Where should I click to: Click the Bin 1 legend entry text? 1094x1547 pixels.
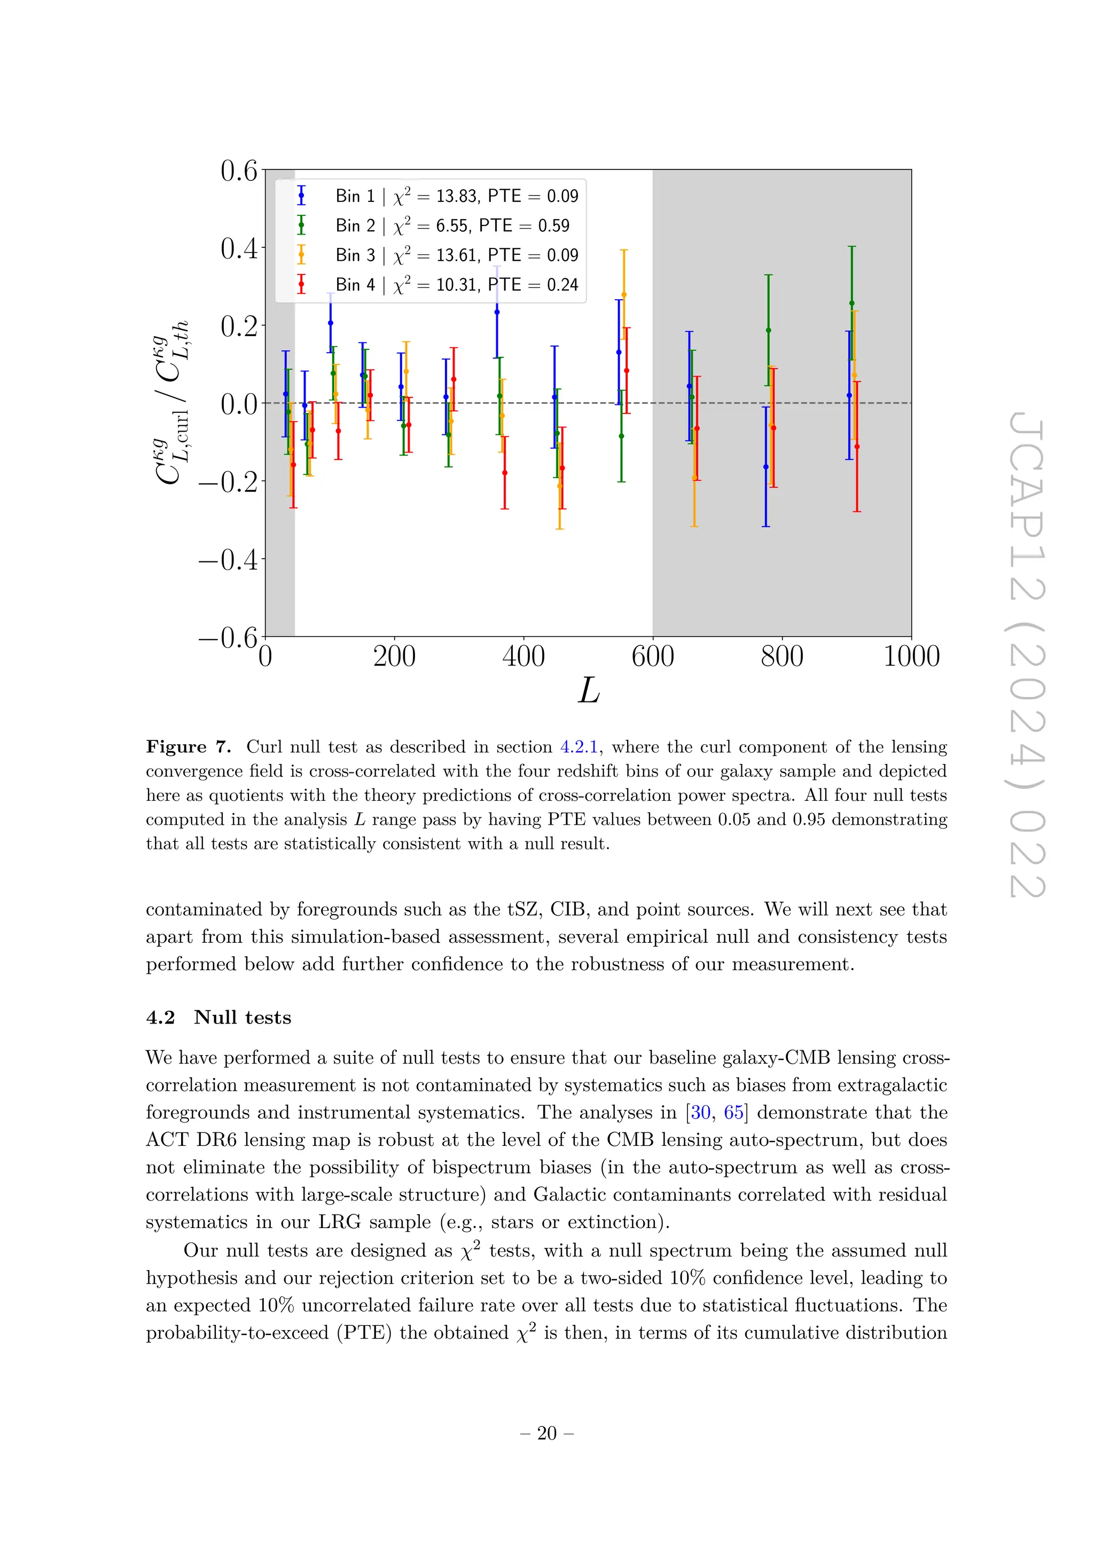click(457, 196)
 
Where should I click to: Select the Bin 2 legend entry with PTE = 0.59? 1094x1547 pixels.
click(452, 226)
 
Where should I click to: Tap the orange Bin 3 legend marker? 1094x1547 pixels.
click(301, 255)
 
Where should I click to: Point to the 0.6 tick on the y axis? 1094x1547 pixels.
click(239, 170)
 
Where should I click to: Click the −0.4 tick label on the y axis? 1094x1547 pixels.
click(229, 559)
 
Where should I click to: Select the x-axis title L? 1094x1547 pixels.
click(588, 691)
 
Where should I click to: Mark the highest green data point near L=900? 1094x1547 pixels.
click(851, 304)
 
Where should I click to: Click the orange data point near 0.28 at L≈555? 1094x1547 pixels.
click(624, 294)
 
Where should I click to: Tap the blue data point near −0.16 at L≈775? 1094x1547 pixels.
click(765, 467)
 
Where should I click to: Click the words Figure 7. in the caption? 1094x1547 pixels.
click(188, 747)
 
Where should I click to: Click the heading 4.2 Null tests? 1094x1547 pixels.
click(218, 1018)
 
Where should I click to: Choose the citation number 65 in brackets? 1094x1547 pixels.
click(733, 1112)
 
